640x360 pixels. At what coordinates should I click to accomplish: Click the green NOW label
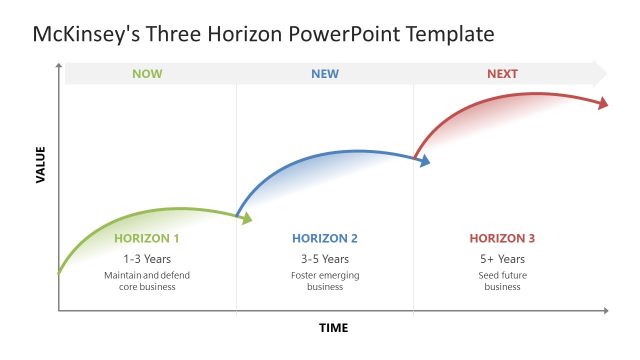click(x=146, y=74)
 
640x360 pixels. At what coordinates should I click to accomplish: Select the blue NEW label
click(x=325, y=74)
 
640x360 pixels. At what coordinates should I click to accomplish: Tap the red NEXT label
click(x=502, y=74)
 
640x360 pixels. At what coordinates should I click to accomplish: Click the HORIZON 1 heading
click(x=147, y=239)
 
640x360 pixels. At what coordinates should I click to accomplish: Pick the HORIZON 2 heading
click(x=325, y=239)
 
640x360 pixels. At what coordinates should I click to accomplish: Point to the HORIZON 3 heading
click(x=502, y=239)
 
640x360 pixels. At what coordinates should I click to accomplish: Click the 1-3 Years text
click(x=147, y=259)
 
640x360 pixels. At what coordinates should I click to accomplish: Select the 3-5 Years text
click(x=325, y=259)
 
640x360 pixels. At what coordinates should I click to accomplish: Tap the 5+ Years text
click(x=502, y=259)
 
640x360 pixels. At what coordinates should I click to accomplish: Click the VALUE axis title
click(x=41, y=165)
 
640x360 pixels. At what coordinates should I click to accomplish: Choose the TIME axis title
click(x=334, y=328)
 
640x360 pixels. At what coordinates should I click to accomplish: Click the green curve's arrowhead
click(x=247, y=218)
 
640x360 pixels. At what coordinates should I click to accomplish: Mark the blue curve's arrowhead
click(x=425, y=160)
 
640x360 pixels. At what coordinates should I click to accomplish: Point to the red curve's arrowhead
click(x=603, y=102)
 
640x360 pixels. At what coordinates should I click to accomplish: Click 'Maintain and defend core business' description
click(x=147, y=281)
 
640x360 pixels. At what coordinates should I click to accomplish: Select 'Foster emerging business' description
click(x=325, y=281)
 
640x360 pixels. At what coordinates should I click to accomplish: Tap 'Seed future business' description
click(x=502, y=281)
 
